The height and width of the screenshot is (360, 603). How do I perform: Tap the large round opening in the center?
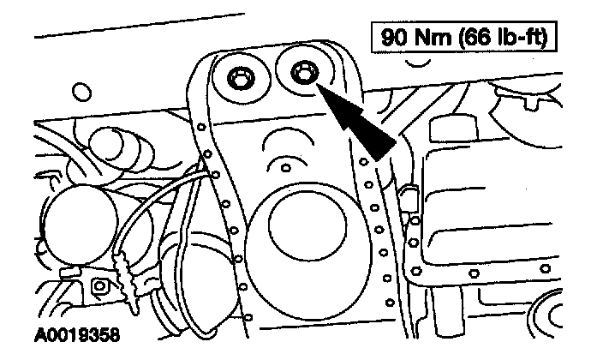(306, 227)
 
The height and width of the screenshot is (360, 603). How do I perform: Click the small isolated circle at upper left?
(82, 91)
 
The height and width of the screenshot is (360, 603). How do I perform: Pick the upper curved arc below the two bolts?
(283, 138)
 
